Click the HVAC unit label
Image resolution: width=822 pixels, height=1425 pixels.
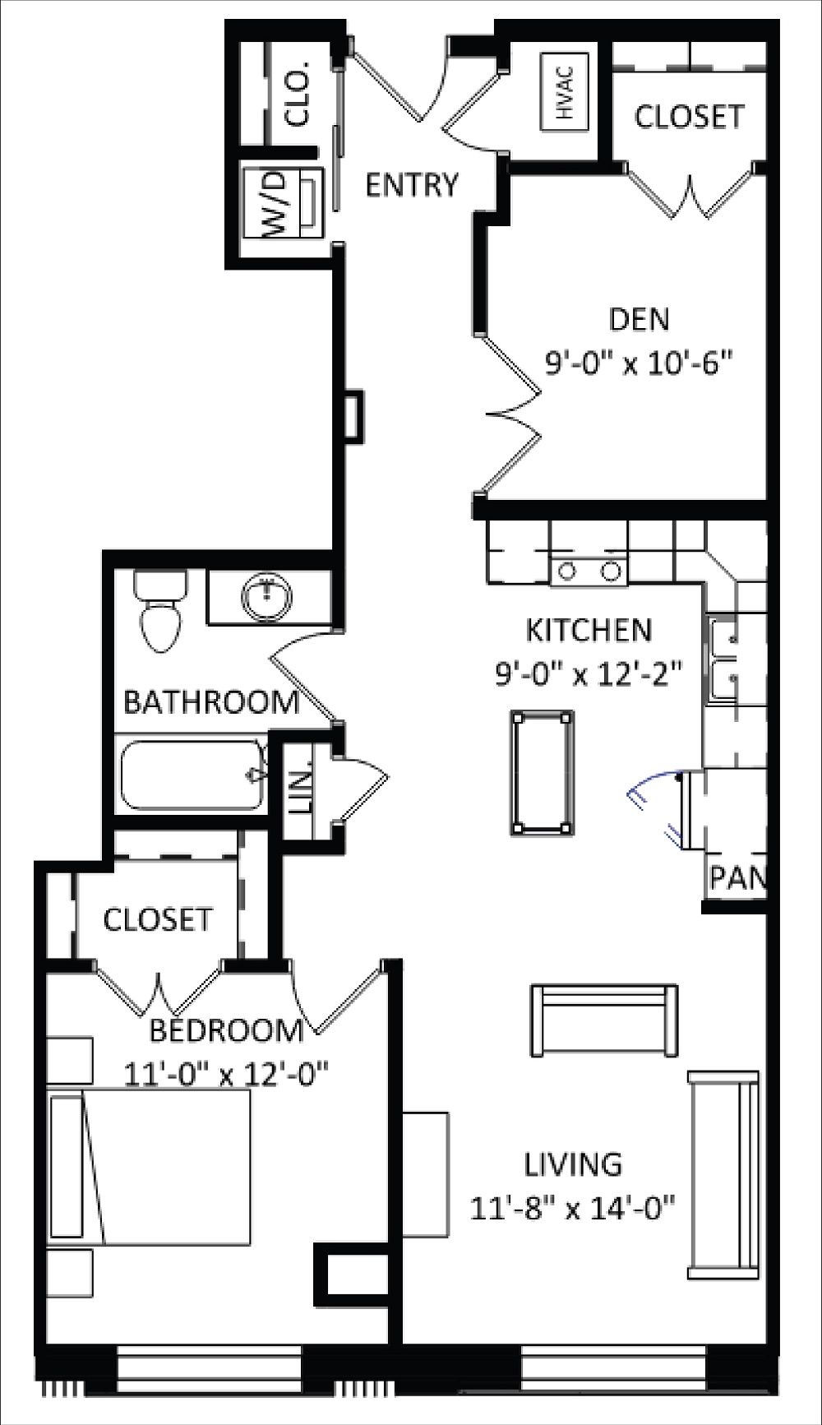[x=565, y=91]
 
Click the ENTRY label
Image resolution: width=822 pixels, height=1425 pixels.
[x=411, y=184]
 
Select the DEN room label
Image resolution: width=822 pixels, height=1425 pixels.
[x=640, y=319]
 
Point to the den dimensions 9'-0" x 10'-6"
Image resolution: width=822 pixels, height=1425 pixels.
[x=639, y=361]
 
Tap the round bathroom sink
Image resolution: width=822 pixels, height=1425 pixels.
[x=266, y=595]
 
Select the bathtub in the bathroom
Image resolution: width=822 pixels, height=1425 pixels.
[x=193, y=775]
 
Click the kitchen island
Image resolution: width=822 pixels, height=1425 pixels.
[x=542, y=773]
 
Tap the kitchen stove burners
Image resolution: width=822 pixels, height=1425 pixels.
[x=589, y=570]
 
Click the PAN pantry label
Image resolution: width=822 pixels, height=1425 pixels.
[x=737, y=878]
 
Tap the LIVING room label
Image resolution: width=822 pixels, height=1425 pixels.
[x=573, y=1164]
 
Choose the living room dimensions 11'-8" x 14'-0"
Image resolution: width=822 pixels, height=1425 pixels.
[x=573, y=1208]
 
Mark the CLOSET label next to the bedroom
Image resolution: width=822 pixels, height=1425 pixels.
[x=158, y=918]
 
